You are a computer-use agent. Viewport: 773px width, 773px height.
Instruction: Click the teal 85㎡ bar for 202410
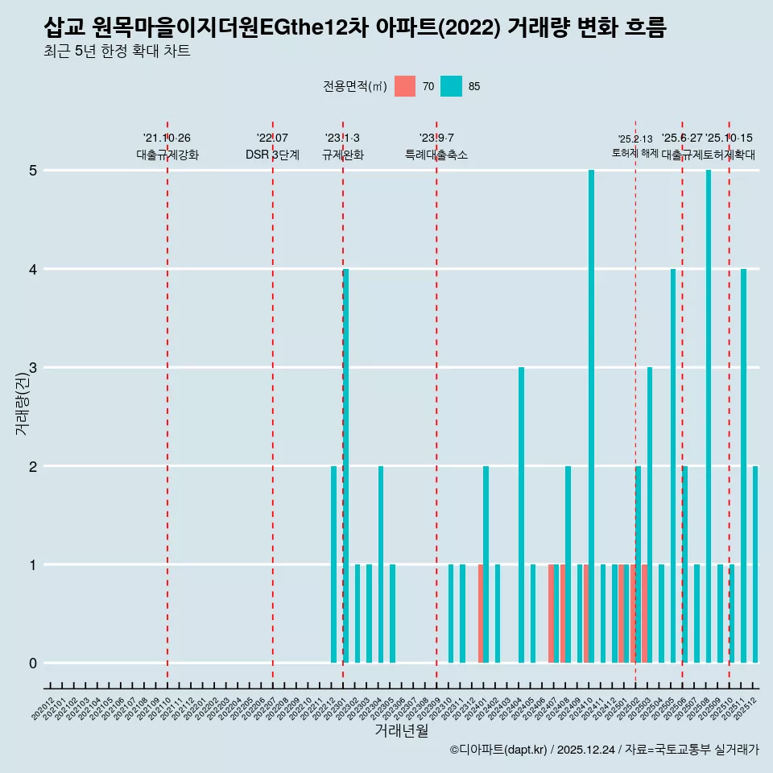[591, 416]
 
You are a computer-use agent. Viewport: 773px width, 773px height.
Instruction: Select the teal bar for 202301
[345, 465]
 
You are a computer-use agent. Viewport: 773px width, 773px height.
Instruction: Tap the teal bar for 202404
[521, 515]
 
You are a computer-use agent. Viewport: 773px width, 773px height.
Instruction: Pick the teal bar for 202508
[709, 416]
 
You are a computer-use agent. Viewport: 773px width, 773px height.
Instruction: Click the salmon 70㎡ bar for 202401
[481, 614]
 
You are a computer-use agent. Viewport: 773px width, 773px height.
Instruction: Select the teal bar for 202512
[755, 564]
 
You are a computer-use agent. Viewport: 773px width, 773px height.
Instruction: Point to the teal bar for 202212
[333, 564]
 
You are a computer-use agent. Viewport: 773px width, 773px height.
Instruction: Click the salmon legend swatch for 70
[405, 86]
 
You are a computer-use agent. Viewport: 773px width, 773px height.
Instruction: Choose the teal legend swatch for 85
[451, 86]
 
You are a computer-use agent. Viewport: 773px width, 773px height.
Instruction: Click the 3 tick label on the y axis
[33, 368]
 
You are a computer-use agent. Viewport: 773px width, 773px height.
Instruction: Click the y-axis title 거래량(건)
[22, 406]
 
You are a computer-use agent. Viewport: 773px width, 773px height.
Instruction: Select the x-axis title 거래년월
[401, 731]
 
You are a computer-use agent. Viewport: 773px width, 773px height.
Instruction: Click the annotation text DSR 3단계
[272, 155]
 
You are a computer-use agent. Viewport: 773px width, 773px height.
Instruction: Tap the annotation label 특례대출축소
[436, 155]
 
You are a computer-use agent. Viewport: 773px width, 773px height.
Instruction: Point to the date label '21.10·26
[167, 138]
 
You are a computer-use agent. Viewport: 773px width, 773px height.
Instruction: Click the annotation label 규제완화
[342, 155]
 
